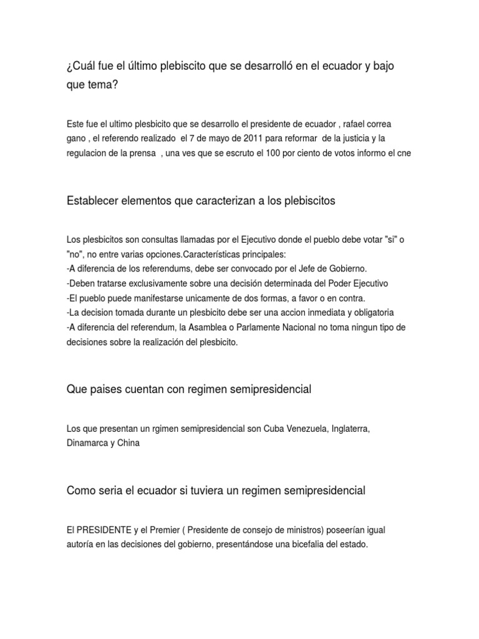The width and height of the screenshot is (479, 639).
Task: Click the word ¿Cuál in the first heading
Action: (x=82, y=67)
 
